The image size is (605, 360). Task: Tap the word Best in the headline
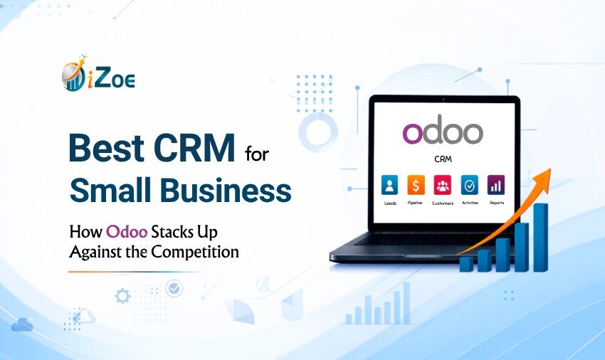click(107, 148)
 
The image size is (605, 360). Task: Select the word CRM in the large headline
click(194, 148)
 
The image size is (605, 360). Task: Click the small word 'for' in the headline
click(256, 154)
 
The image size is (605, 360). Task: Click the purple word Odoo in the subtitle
click(127, 232)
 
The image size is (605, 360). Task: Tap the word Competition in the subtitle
click(195, 253)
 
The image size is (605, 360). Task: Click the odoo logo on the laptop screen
click(443, 132)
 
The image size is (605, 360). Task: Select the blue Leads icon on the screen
click(390, 185)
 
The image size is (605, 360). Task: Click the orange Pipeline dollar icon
click(416, 185)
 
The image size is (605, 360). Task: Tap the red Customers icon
click(442, 185)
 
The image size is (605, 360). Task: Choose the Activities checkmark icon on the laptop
click(469, 185)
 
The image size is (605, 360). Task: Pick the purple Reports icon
click(496, 185)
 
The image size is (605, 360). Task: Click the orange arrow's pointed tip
click(550, 169)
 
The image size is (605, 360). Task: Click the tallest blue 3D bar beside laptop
click(540, 238)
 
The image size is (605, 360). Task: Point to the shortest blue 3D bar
click(466, 264)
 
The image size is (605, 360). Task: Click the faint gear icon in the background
click(122, 297)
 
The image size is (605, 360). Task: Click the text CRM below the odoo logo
click(443, 159)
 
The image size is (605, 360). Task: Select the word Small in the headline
click(110, 190)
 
